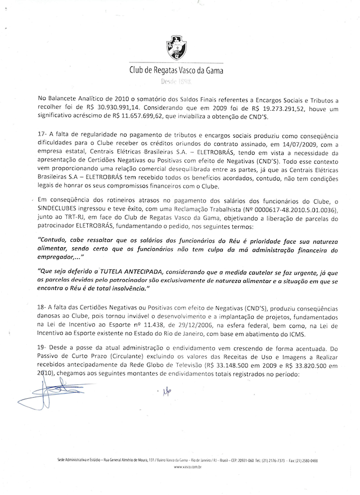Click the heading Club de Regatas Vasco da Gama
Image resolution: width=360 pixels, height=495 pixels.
180,70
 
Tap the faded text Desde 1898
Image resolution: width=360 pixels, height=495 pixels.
180,82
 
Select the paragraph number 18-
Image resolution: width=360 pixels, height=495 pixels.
43,310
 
